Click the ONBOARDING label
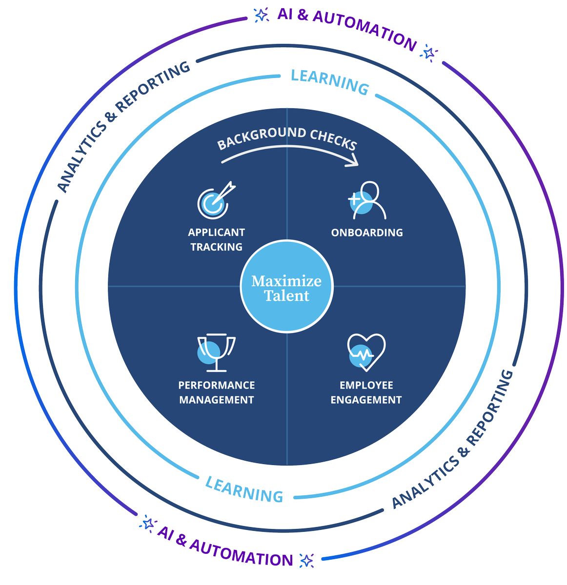click(367, 233)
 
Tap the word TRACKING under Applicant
click(216, 247)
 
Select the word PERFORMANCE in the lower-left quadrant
click(216, 385)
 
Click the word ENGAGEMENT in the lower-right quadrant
click(366, 400)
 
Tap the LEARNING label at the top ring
click(329, 82)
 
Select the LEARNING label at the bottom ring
click(244, 489)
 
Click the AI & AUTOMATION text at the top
click(347, 29)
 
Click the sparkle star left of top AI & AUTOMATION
click(262, 15)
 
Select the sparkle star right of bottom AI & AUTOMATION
click(306, 560)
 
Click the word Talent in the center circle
click(287, 296)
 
